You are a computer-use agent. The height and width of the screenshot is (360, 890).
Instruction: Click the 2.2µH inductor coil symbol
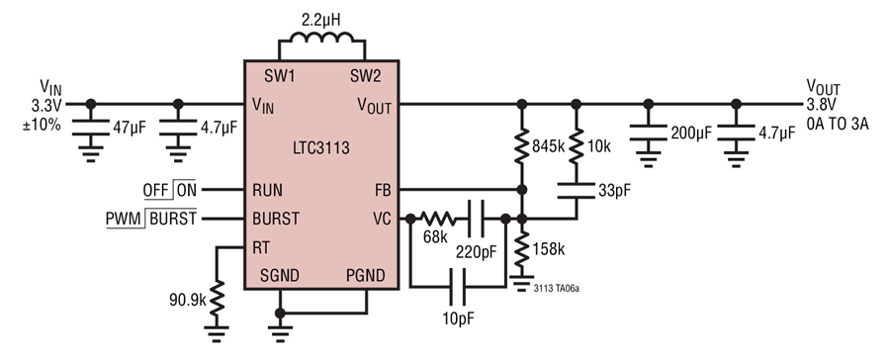321,38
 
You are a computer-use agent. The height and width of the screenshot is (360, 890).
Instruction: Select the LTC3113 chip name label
321,148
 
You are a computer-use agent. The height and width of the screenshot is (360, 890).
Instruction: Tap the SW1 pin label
280,76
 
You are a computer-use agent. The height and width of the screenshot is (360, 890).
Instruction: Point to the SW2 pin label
366,76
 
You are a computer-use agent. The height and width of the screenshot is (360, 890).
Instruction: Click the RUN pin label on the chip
267,190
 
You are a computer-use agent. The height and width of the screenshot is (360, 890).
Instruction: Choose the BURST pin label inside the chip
276,219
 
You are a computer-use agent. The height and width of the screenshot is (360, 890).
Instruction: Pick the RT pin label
261,247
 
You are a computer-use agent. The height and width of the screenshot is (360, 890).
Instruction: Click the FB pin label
383,190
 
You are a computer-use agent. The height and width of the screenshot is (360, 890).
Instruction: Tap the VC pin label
382,219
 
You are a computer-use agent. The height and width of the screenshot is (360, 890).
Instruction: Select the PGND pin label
366,276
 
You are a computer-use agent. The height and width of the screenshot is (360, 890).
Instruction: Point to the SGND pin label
280,276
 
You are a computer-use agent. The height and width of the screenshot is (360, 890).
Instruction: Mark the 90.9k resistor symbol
217,298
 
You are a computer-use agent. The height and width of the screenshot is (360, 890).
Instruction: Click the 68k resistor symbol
438,219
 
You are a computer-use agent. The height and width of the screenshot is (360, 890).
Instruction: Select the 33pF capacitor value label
614,190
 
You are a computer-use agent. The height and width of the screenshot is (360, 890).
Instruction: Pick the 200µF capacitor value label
691,134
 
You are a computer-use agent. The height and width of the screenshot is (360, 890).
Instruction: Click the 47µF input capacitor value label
129,128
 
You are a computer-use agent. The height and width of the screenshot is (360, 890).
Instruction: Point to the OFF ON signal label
170,190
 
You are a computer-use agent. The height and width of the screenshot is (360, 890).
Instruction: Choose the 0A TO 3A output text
838,125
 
